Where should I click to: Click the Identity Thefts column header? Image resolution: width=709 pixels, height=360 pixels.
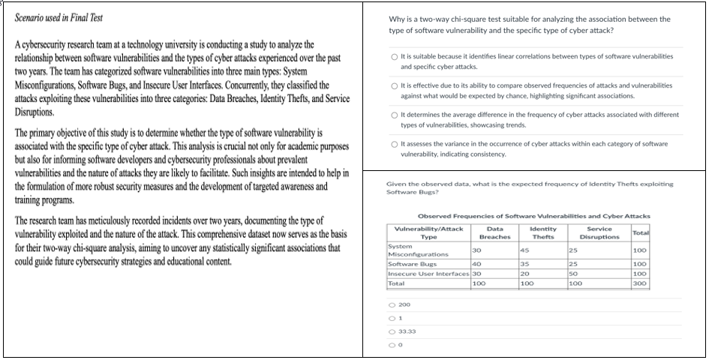click(x=542, y=232)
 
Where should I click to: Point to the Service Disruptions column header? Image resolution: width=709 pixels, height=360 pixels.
click(x=599, y=232)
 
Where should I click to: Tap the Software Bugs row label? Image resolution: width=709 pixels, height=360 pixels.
click(x=407, y=264)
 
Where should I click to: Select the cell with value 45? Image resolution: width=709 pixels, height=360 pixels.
click(x=526, y=250)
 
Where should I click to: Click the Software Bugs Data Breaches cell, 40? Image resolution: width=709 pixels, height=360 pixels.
click(x=476, y=264)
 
